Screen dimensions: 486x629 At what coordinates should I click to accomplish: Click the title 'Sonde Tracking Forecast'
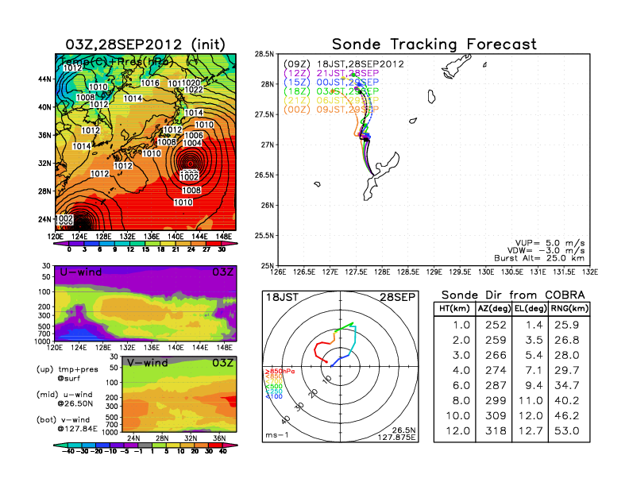[x=434, y=44]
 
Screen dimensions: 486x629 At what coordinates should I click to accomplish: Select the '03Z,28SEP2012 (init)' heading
[x=145, y=44]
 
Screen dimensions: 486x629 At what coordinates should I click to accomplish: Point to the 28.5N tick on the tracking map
[x=264, y=53]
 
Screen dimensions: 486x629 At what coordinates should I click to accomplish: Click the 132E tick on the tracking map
[x=589, y=272]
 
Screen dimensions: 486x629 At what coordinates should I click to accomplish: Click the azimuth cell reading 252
[x=492, y=325]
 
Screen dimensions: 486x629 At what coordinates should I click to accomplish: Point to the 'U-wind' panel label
[x=79, y=272]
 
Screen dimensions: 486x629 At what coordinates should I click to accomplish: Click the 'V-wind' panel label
[x=149, y=363]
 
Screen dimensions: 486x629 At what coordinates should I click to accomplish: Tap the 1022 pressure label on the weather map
[x=193, y=91]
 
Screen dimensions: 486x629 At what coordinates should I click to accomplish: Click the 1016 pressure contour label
[x=150, y=83]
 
